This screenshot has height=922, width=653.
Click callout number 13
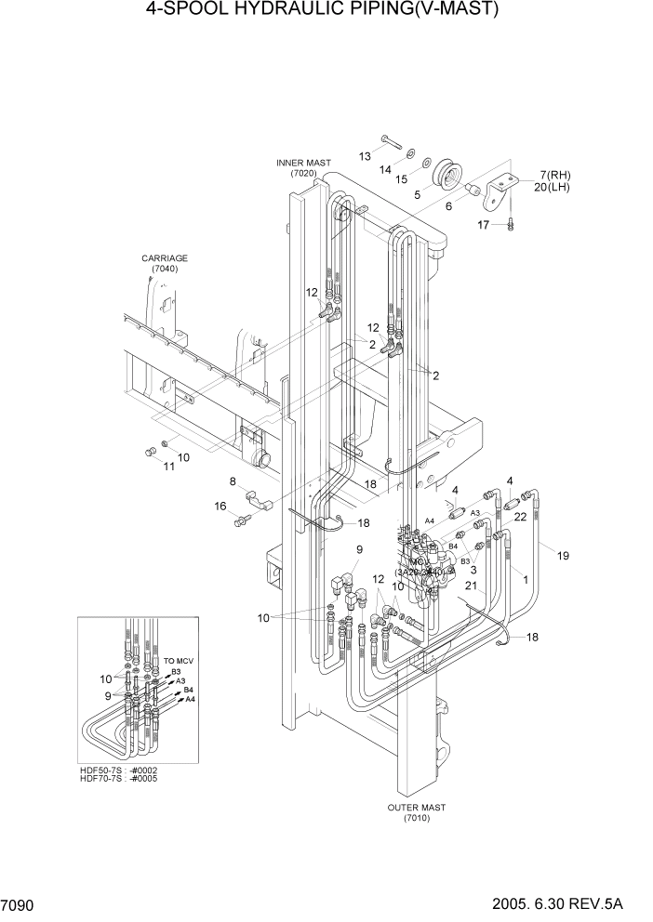(365, 155)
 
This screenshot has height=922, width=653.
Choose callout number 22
(521, 516)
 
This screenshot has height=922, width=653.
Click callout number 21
(471, 586)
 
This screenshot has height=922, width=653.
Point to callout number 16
(220, 507)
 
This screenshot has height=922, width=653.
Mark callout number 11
(168, 467)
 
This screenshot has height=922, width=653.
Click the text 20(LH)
(553, 187)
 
